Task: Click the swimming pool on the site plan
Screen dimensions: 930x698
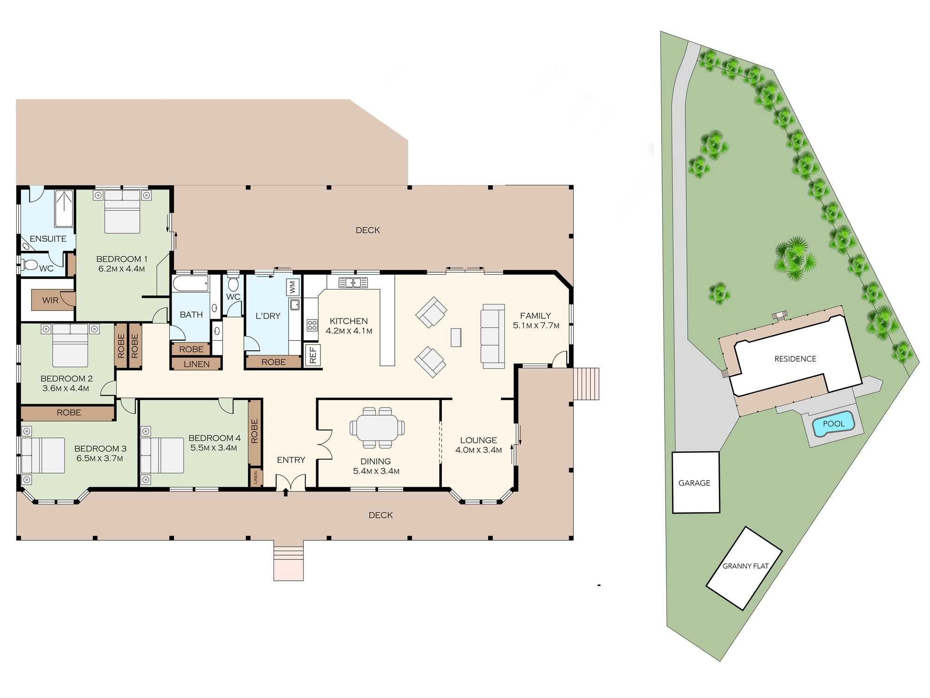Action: click(x=833, y=424)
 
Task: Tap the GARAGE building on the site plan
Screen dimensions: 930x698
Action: click(x=696, y=483)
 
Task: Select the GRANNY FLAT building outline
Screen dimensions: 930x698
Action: click(x=744, y=568)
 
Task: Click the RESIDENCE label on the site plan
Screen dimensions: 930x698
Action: click(x=795, y=359)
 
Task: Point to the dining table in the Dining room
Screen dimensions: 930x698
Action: click(x=377, y=427)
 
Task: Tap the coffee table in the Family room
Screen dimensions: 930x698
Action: click(x=456, y=337)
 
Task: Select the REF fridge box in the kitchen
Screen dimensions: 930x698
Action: click(x=312, y=355)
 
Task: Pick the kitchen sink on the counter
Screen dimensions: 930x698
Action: click(x=353, y=282)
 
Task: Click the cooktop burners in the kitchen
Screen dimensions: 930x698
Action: click(x=312, y=325)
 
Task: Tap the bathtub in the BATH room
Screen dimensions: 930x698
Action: click(x=191, y=283)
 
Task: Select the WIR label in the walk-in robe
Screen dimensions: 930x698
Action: click(x=50, y=300)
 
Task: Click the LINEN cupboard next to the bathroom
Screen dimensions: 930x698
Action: click(x=196, y=364)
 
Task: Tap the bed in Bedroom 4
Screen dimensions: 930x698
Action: click(x=162, y=455)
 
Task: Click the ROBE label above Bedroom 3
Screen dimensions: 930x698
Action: click(x=69, y=413)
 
